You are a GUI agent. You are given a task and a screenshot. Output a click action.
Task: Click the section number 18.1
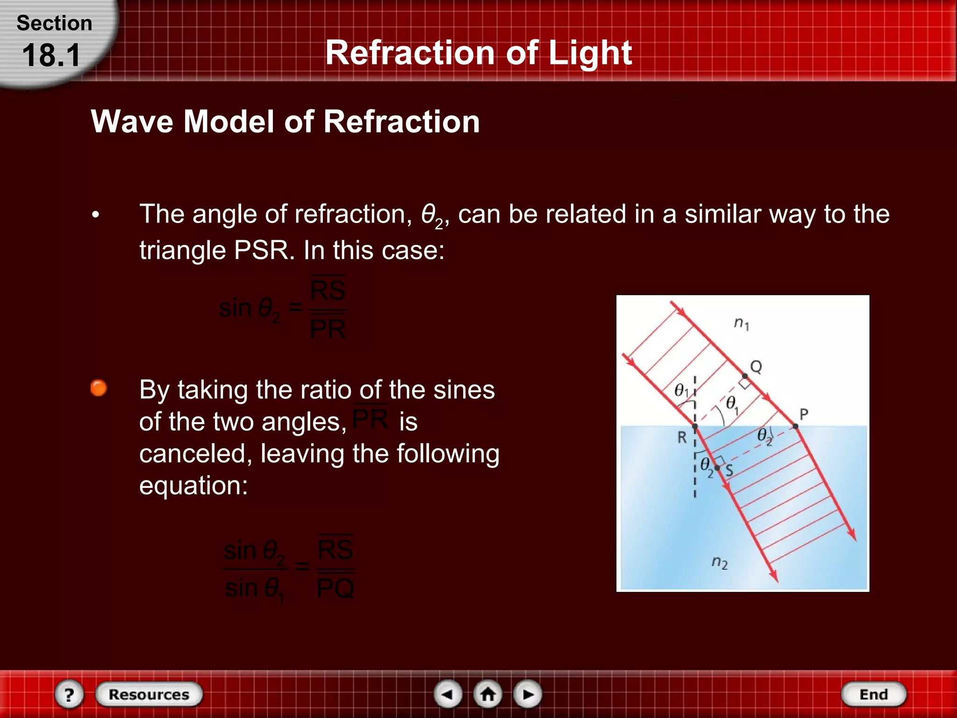(x=51, y=55)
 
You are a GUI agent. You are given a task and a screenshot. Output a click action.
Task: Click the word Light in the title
(x=590, y=52)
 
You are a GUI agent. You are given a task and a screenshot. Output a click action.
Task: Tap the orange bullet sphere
(x=99, y=388)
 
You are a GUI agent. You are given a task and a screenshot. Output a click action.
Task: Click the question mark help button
(x=69, y=694)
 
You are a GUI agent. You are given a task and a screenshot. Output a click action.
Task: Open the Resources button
(x=149, y=694)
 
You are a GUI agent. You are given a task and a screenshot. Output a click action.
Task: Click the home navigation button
(x=488, y=694)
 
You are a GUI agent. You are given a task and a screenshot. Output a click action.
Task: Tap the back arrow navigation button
(x=448, y=694)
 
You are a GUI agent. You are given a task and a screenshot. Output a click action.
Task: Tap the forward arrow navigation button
(x=528, y=694)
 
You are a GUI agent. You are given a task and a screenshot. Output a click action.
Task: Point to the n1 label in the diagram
(x=741, y=323)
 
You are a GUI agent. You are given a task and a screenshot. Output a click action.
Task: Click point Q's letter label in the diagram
(x=756, y=366)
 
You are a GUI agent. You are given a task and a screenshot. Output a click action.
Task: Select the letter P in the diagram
(x=804, y=414)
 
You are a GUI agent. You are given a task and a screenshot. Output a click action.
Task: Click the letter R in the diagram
(x=682, y=438)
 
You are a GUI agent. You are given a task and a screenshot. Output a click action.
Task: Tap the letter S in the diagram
(x=729, y=470)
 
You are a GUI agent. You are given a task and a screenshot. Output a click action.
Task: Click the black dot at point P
(x=795, y=426)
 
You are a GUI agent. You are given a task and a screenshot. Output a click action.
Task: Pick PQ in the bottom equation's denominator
(x=335, y=588)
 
